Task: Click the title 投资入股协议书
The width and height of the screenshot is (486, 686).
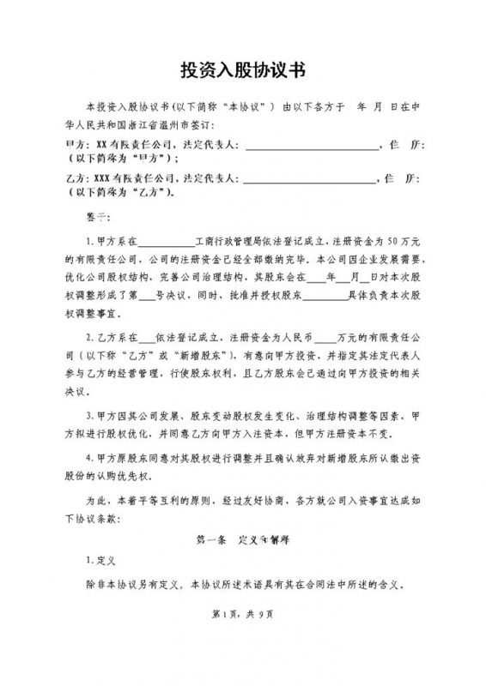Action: click(243, 69)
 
